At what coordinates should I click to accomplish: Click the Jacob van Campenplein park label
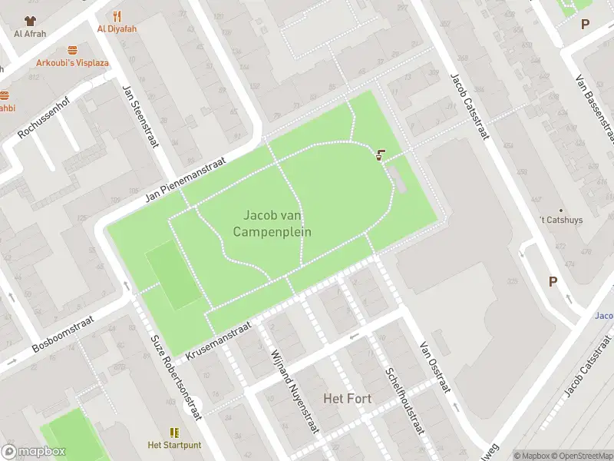point(277,224)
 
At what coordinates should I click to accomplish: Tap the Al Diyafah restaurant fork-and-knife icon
point(117,16)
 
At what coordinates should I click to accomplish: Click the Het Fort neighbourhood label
point(348,398)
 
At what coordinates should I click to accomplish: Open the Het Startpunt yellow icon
point(174,433)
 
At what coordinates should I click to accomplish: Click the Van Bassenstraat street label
point(596,108)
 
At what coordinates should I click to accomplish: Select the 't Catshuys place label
point(560,220)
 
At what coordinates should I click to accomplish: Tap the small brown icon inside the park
point(381,154)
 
